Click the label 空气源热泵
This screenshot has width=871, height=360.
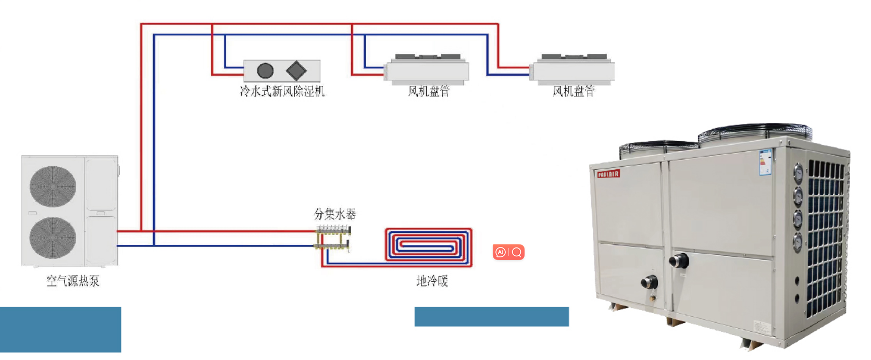(x=73, y=281)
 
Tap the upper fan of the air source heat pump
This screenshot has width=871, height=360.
(x=53, y=187)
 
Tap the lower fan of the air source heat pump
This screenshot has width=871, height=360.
(x=53, y=238)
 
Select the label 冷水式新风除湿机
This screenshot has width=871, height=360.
(x=282, y=91)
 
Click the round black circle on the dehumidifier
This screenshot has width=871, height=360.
(x=266, y=70)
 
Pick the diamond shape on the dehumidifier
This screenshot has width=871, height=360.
(x=296, y=70)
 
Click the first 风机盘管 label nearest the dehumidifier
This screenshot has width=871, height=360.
(x=428, y=91)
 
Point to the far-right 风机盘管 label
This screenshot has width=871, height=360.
(x=573, y=91)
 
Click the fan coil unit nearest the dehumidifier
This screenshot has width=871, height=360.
(x=427, y=70)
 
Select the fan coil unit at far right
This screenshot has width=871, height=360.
(x=573, y=70)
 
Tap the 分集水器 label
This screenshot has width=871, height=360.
(x=335, y=214)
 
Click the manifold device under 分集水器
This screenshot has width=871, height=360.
(x=334, y=238)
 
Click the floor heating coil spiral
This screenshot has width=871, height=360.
(x=428, y=245)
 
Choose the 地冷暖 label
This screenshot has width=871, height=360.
(x=432, y=281)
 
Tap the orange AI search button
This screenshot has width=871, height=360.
(x=508, y=252)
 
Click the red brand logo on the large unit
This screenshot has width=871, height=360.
(x=608, y=173)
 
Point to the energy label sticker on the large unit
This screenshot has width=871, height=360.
(x=765, y=162)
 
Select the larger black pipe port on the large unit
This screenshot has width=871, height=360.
(x=679, y=260)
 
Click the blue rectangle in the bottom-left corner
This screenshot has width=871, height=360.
(x=60, y=329)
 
